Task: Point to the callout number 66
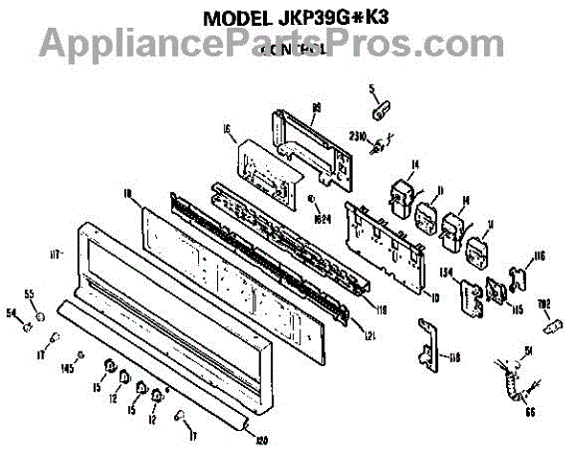[x=530, y=414]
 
